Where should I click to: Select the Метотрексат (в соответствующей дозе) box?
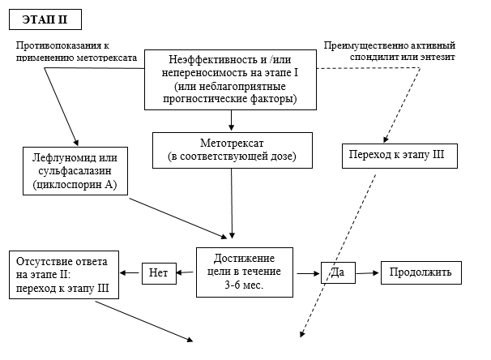point(232,148)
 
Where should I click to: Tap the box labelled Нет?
point(158,273)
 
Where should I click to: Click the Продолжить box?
point(421,272)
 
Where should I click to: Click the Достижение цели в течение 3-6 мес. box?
point(245,272)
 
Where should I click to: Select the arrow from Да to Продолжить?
point(367,272)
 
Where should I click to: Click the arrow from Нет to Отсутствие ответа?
point(130,273)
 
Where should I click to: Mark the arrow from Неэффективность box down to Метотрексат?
point(232,120)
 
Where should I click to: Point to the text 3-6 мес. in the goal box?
point(245,285)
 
